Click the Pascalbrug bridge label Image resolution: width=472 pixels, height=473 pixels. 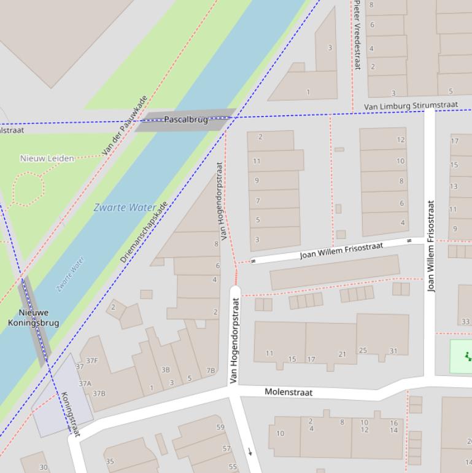click(x=185, y=120)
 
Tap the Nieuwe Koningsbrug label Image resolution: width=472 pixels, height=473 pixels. click(x=34, y=318)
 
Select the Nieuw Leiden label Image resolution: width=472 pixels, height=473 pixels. click(x=47, y=158)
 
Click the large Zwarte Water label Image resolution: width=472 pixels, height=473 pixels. click(x=125, y=208)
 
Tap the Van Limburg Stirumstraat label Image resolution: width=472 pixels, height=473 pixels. click(x=410, y=106)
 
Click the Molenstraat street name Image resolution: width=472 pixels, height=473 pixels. click(x=288, y=392)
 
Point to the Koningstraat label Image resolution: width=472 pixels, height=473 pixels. click(x=71, y=415)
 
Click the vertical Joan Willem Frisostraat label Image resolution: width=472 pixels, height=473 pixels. click(x=431, y=246)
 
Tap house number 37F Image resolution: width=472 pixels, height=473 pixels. click(x=91, y=361)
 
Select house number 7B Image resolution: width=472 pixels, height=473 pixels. click(x=211, y=370)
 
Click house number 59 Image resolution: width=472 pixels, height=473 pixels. click(x=220, y=427)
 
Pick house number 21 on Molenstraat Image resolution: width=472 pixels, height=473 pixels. click(x=342, y=354)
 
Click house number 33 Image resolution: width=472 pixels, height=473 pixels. click(x=465, y=321)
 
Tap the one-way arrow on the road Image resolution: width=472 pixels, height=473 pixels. click(x=250, y=452)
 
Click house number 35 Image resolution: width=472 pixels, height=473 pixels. click(x=110, y=461)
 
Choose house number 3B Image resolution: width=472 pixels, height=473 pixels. click(x=165, y=370)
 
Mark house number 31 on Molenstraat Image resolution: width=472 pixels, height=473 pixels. click(x=393, y=351)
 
